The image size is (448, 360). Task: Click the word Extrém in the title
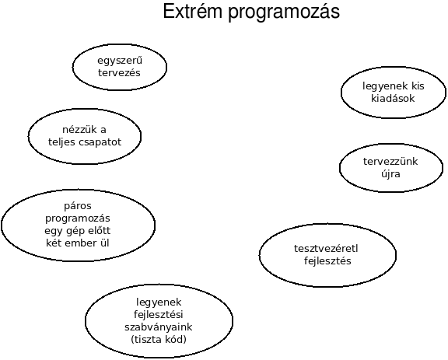[192, 11]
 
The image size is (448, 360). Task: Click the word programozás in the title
[284, 12]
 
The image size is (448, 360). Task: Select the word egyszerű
[120, 61]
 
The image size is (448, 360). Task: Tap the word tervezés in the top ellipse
[119, 73]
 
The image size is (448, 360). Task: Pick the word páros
[78, 206]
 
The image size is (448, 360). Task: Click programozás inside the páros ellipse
[78, 218]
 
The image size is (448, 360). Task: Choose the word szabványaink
[159, 327]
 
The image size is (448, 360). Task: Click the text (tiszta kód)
[159, 340]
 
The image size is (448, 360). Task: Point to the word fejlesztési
[159, 315]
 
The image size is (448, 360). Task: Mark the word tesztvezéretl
[326, 249]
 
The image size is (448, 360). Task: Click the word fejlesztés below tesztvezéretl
[327, 261]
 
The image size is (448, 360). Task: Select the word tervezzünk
[390, 162]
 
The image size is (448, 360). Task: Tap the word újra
[390, 174]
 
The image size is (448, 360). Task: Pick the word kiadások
[393, 99]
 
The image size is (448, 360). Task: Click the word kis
[418, 86]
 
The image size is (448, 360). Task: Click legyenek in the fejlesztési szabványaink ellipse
[159, 302]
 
